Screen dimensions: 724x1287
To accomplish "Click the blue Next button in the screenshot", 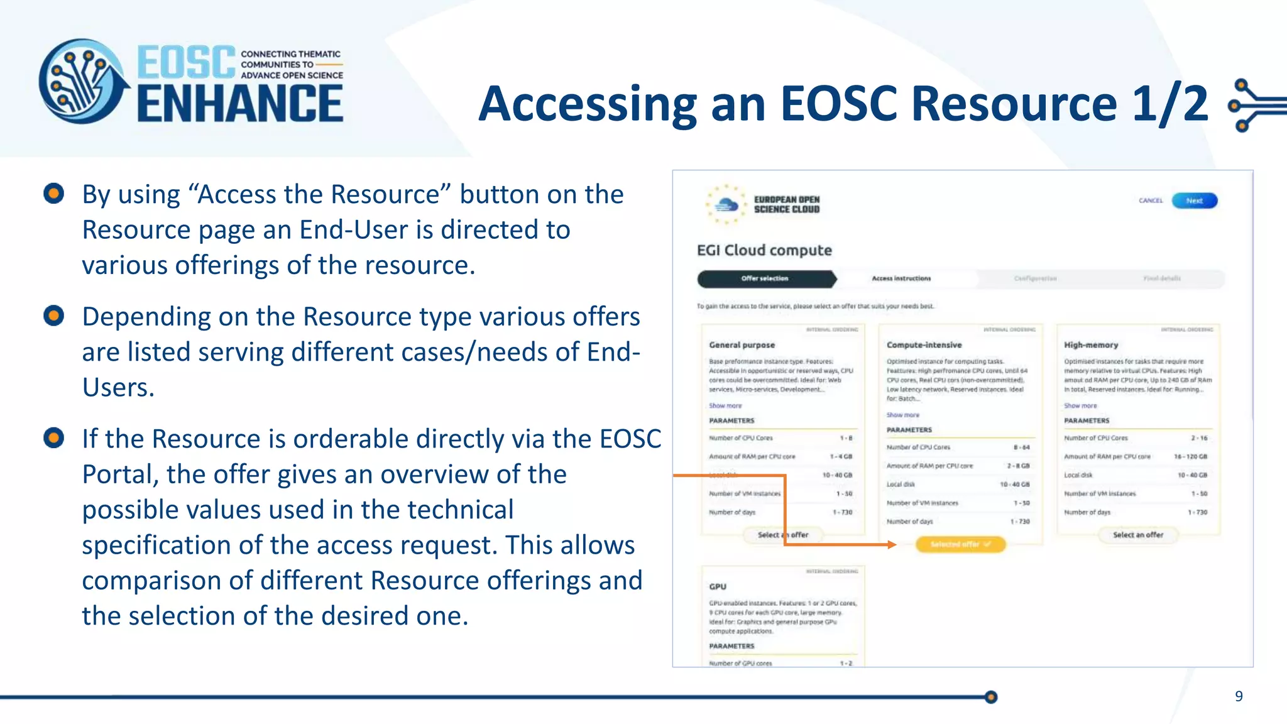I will click(x=1194, y=200).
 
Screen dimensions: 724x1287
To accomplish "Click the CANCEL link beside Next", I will click(x=1151, y=200).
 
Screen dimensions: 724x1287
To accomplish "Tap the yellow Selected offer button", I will click(x=960, y=544).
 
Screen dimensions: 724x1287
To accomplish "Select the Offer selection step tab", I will click(x=765, y=278).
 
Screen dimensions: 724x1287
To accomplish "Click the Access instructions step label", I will click(x=901, y=278).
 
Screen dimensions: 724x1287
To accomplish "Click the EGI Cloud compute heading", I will click(x=764, y=250).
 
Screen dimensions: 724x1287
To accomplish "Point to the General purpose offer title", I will click(x=742, y=345).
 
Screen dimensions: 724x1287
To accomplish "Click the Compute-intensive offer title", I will click(x=924, y=345).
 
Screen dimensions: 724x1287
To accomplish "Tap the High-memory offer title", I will click(x=1091, y=345).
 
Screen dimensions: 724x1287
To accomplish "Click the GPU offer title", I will click(x=718, y=586).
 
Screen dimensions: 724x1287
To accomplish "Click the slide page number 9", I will click(x=1239, y=696).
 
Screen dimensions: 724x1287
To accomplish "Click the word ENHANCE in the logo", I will click(x=240, y=104).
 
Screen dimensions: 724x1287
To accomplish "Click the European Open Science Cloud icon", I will click(x=726, y=204).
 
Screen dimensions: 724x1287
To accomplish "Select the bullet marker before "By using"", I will click(x=54, y=194).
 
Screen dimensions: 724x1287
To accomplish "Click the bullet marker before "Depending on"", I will click(x=54, y=315).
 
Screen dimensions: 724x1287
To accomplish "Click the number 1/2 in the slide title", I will click(x=1169, y=104).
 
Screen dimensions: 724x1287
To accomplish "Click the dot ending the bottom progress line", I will click(x=991, y=696).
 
